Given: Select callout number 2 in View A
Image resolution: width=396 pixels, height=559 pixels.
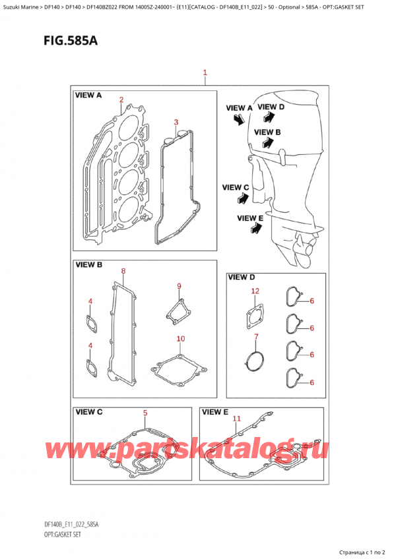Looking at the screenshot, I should (121, 100).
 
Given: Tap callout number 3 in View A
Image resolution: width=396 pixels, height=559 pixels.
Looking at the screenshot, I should (176, 122).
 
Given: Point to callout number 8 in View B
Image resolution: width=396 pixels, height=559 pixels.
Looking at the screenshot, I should (122, 271).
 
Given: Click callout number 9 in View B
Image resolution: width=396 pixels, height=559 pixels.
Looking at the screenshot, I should (178, 285).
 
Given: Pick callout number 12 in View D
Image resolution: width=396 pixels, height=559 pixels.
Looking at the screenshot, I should (255, 291).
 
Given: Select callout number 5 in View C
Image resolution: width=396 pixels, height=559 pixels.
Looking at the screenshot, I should (145, 413).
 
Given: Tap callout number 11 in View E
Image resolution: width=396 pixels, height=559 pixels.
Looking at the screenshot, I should (236, 418).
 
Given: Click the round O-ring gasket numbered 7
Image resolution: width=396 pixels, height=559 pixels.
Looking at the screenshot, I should (255, 361).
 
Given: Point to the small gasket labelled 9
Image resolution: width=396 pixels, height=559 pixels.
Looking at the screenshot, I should (175, 310).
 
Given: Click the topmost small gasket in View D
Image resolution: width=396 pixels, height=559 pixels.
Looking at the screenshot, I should (292, 297).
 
